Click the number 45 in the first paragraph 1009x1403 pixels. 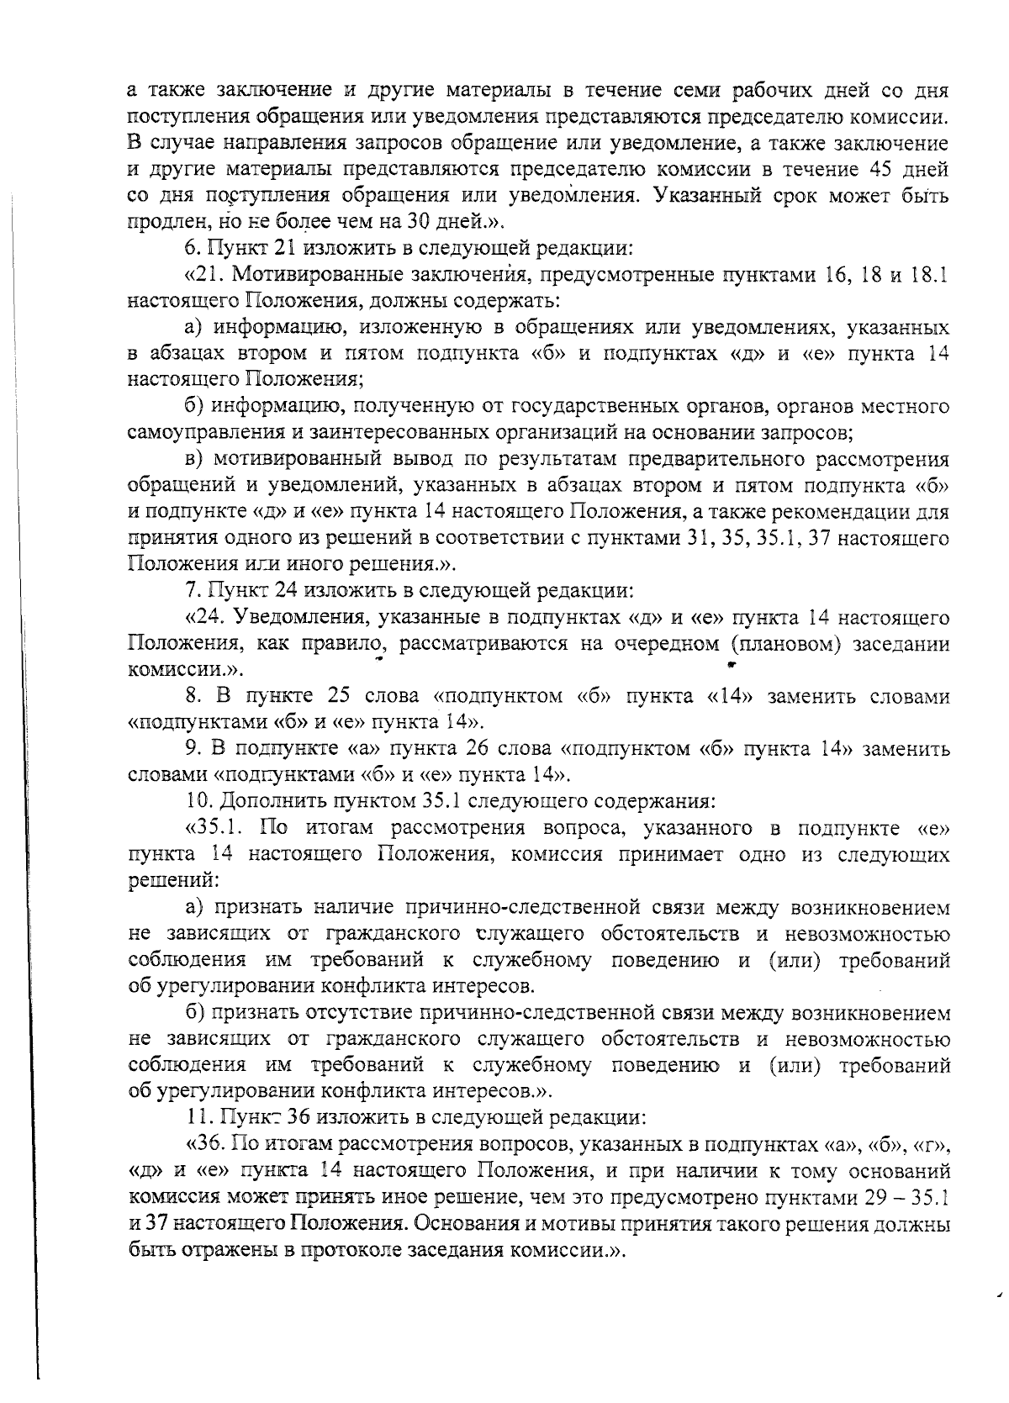879,170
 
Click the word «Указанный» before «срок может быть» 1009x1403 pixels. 728,196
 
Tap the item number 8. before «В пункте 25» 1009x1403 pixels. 192,697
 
